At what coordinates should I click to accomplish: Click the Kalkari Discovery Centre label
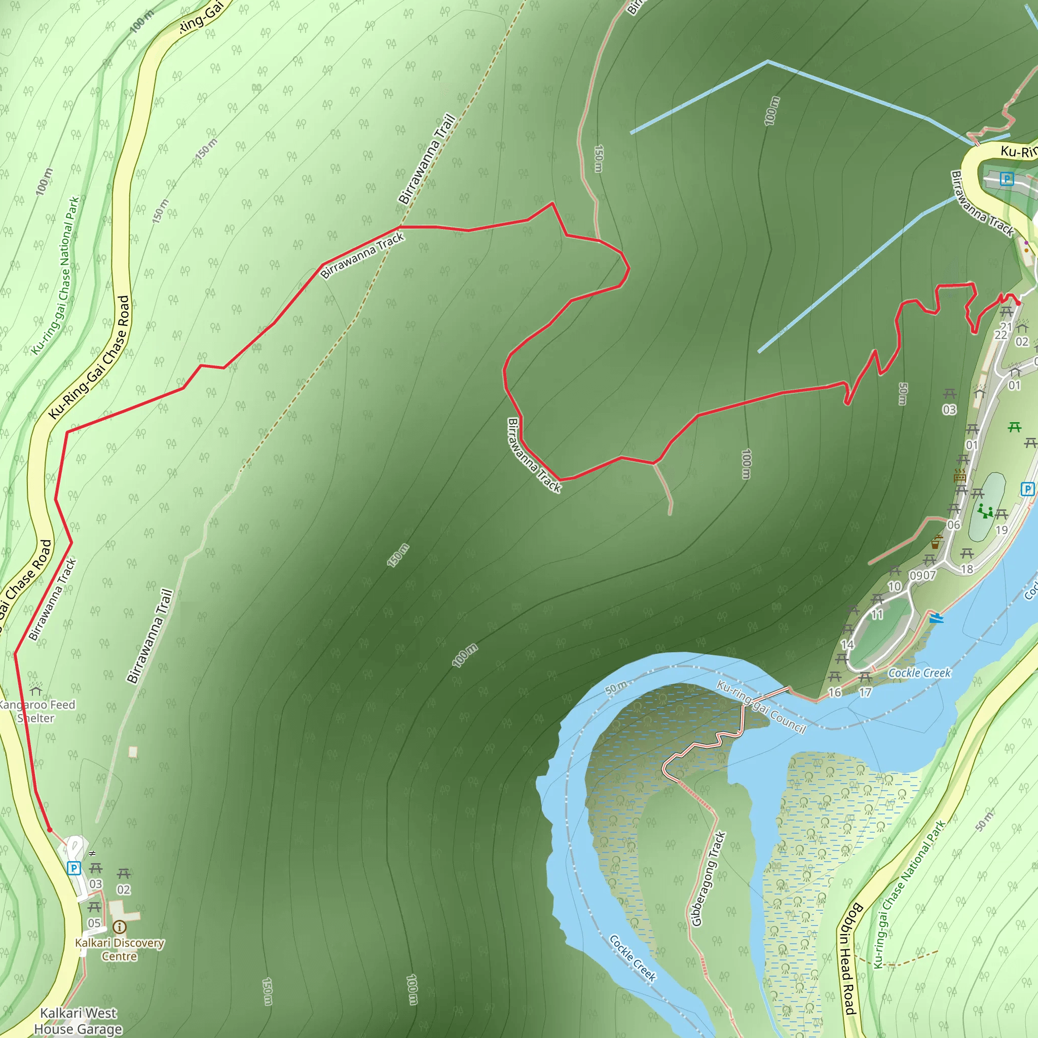[119, 949]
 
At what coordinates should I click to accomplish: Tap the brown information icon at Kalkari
[119, 927]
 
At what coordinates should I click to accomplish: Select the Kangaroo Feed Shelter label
[36, 711]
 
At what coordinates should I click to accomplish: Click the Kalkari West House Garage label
[78, 1021]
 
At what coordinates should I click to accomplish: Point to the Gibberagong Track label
[708, 879]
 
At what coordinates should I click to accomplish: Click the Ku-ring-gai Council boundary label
[761, 707]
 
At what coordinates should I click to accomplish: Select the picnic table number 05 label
[94, 923]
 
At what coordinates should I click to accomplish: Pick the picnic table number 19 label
[1002, 530]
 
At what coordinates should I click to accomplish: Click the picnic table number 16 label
[834, 692]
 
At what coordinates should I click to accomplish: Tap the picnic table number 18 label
[967, 570]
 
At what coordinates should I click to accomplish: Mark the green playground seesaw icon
[985, 510]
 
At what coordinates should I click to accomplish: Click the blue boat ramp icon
[936, 618]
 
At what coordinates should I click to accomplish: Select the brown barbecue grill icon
[959, 475]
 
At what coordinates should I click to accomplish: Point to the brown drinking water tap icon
[936, 543]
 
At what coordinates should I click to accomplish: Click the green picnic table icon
[1014, 427]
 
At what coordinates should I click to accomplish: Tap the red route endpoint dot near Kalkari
[50, 830]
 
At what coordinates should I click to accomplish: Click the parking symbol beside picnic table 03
[73, 868]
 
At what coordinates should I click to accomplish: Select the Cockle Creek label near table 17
[919, 673]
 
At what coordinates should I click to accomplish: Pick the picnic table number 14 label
[847, 644]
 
